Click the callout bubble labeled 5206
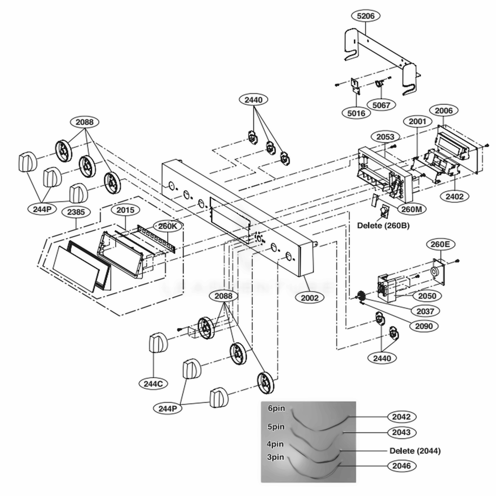(x=365, y=16)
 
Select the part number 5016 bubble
(x=356, y=113)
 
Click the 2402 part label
(x=454, y=196)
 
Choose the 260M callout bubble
(x=411, y=209)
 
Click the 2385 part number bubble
(x=74, y=212)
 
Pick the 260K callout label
(x=167, y=226)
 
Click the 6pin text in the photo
(x=276, y=410)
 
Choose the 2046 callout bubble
(x=401, y=466)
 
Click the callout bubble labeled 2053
(x=385, y=137)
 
